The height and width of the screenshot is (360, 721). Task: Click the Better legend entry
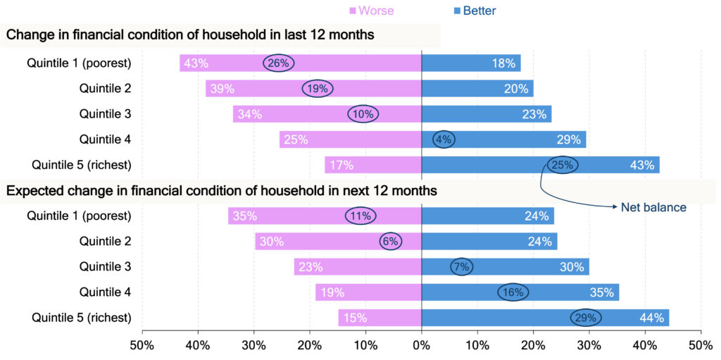475,11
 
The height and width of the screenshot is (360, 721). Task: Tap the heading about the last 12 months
190,35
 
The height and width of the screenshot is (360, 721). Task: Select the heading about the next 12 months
221,191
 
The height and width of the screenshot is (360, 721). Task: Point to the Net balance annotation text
653,208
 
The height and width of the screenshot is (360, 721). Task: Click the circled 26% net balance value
279,63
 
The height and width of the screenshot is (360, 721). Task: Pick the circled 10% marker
363,114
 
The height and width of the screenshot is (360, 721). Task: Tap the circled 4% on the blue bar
444,139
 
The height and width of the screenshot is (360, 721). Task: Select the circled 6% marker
390,242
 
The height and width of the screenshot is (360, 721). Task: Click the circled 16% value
513,292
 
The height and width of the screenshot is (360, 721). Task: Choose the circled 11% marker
360,216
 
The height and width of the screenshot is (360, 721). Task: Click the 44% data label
651,318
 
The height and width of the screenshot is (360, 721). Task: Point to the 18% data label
503,63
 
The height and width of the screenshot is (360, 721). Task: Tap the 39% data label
222,89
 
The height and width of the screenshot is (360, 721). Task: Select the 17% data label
341,166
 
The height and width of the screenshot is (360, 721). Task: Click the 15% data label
355,318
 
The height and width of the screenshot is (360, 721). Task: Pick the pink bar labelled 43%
232,63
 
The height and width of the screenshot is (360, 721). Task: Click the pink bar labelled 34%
303,114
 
